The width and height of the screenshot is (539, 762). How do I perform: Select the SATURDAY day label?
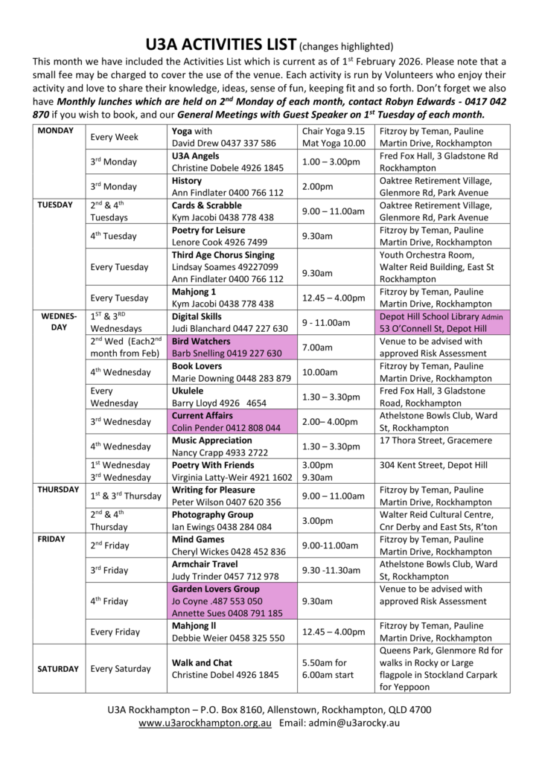click(57, 668)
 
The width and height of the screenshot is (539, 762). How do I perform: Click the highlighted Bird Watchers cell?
click(232, 347)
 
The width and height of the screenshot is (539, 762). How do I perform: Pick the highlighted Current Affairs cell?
click(232, 421)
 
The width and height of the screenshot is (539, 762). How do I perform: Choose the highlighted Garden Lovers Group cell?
click(232, 601)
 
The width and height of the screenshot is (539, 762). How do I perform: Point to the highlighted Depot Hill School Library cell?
click(443, 322)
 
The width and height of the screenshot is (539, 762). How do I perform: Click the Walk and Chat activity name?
click(202, 662)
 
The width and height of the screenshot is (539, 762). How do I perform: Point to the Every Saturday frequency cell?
click(121, 668)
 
